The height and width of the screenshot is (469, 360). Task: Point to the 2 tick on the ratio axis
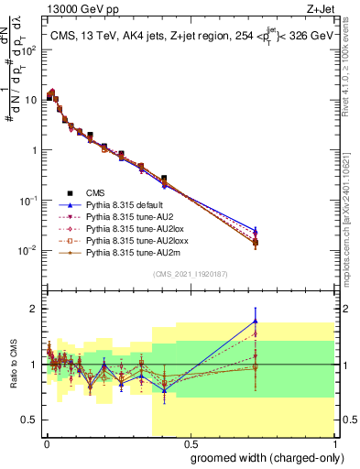pyautogui.click(x=33, y=309)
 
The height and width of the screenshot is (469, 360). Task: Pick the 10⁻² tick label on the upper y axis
pyautogui.click(x=27, y=250)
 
